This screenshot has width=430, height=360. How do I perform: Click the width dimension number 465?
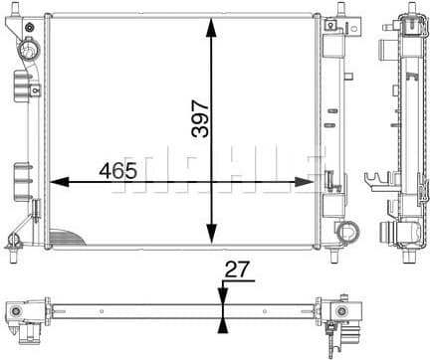(117, 169)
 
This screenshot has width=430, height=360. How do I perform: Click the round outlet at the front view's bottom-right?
(346, 233)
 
